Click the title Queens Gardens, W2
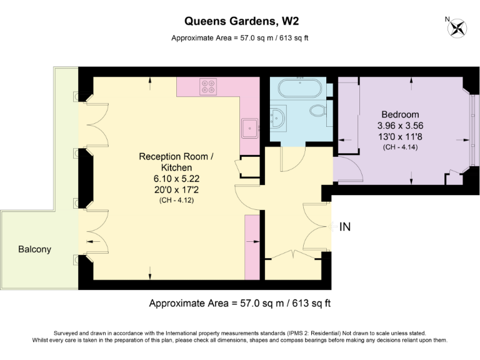[x=239, y=22]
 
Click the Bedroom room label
[x=400, y=114]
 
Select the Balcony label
[x=34, y=249]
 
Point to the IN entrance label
[x=344, y=227]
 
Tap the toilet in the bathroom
[x=318, y=111]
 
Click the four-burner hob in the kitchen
[x=208, y=87]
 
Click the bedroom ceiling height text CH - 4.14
[x=400, y=147]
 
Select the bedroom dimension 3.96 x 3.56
[x=400, y=126]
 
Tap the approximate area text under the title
[x=239, y=38]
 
